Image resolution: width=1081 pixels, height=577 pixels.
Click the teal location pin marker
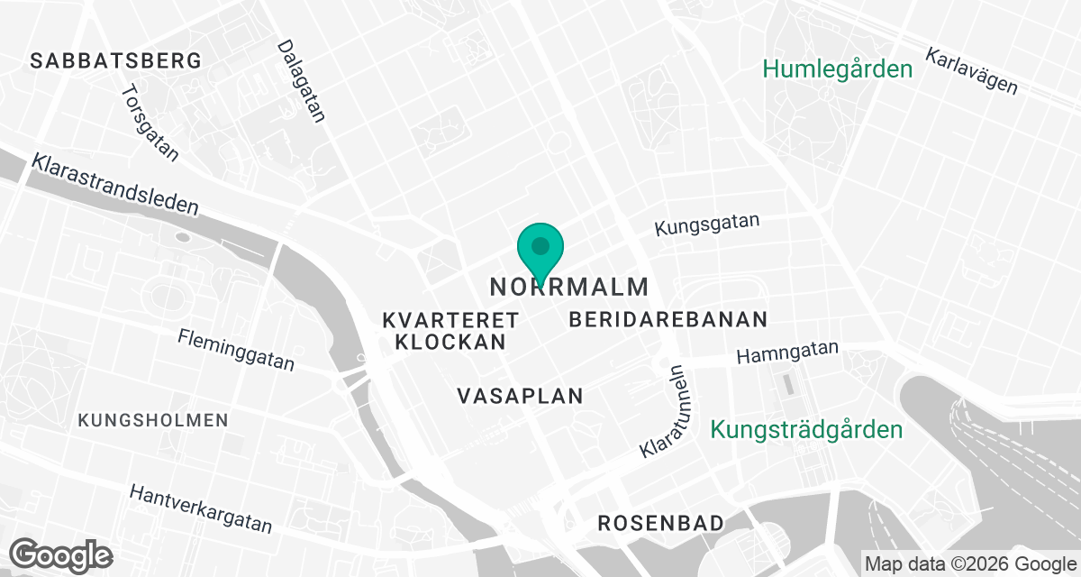(540, 249)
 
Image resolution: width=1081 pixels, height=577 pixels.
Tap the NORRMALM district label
(569, 288)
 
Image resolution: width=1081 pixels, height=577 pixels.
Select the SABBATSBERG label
(115, 61)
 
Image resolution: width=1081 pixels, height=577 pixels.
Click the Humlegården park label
(838, 69)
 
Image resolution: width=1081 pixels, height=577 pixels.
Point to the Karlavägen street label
(971, 71)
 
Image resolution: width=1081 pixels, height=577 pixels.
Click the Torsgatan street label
(150, 124)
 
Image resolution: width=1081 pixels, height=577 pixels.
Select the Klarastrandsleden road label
(114, 184)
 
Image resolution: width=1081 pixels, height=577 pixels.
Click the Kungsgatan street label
(707, 224)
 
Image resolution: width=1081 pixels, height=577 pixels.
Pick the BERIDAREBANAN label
(668, 319)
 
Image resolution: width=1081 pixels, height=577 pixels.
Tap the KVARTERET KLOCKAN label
(450, 331)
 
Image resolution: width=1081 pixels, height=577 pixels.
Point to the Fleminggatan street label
(236, 350)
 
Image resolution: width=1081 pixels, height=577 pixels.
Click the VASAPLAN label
(520, 396)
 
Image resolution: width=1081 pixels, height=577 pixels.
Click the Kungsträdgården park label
(806, 430)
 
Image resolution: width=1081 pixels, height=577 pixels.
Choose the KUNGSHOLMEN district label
(153, 420)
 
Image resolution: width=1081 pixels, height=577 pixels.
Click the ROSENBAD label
(661, 523)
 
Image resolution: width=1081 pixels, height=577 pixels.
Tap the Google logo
(61, 554)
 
